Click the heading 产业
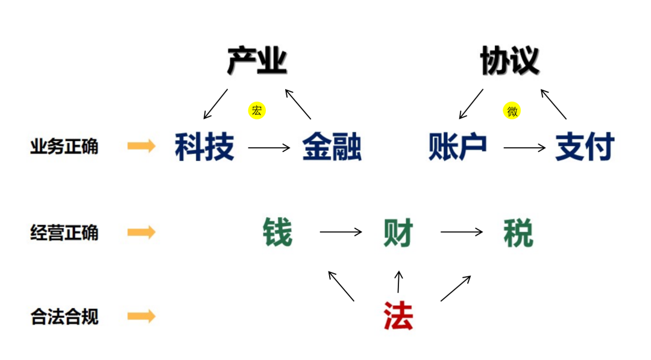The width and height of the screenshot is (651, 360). (257, 62)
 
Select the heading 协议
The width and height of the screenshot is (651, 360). (510, 62)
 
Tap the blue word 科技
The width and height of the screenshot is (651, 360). (204, 147)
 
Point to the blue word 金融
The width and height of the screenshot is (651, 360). (332, 147)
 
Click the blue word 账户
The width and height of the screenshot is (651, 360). (458, 147)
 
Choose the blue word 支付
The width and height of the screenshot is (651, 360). (585, 147)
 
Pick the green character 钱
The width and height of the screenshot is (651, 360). (278, 232)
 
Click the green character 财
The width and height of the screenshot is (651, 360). (398, 232)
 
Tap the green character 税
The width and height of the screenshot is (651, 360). (518, 232)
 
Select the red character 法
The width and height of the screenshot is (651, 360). (398, 315)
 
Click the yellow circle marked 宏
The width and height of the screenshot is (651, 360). (257, 110)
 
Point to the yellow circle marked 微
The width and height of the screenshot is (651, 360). (512, 111)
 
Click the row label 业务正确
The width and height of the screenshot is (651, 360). (64, 147)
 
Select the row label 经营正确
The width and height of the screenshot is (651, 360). (64, 232)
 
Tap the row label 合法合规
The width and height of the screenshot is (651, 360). (64, 317)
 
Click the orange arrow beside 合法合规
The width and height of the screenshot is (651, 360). (142, 316)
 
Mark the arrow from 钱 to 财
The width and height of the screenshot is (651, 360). (341, 232)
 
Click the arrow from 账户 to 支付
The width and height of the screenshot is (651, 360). (524, 148)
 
